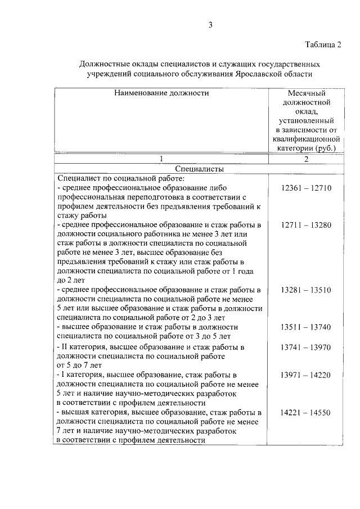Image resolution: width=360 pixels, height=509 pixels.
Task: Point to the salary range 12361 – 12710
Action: (307, 187)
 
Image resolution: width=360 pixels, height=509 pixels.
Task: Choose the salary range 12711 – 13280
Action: (307, 224)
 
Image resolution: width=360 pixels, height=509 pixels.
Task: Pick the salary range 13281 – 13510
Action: (307, 290)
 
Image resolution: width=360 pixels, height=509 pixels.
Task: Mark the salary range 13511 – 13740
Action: (307, 327)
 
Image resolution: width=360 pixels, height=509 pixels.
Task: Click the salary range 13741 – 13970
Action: (307, 348)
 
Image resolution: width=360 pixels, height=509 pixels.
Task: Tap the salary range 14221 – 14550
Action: (307, 413)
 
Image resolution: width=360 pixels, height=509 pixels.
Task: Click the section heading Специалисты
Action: (197, 169)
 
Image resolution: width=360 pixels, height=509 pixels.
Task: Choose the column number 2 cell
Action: (307, 159)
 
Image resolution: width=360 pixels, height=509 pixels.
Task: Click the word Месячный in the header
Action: (307, 93)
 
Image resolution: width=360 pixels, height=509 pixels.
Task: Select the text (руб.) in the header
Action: (326, 148)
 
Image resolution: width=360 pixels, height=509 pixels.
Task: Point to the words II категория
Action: (83, 348)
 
